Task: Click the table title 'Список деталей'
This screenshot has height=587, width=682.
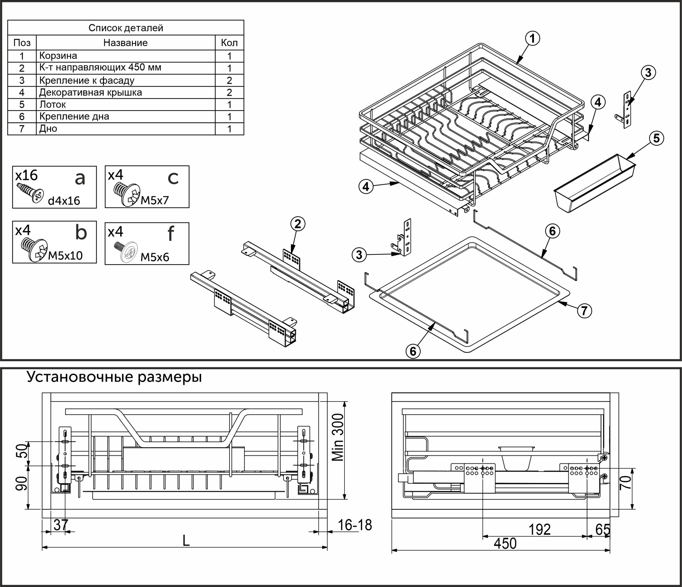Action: [x=126, y=28]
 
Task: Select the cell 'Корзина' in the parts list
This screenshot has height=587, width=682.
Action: [x=58, y=56]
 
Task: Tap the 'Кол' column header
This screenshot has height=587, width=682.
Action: [x=229, y=43]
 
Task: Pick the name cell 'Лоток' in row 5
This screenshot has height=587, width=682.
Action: [x=53, y=105]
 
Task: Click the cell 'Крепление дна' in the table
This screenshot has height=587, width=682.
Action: [x=74, y=116]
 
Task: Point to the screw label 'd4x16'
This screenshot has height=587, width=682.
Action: [x=64, y=201]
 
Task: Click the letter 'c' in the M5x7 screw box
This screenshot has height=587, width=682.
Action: [x=173, y=178]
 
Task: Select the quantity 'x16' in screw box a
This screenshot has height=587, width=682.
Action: [x=26, y=176]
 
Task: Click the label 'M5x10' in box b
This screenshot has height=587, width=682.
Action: [x=65, y=255]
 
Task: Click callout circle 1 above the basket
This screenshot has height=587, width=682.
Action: [x=532, y=39]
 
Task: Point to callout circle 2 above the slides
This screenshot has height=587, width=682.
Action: [x=298, y=224]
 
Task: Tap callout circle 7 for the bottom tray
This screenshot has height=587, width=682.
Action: [x=584, y=311]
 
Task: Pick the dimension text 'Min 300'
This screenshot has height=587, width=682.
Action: [x=338, y=437]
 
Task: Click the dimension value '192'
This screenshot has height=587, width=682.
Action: [x=539, y=530]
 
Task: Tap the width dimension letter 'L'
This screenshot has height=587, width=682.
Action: [x=186, y=541]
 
